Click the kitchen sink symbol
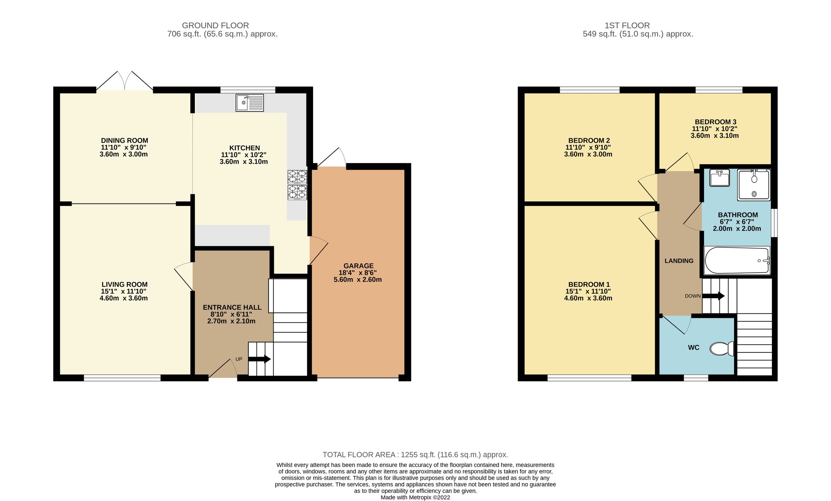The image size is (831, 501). pyautogui.click(x=249, y=102)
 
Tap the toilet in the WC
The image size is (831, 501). pyautogui.click(x=722, y=349)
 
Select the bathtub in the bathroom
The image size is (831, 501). pyautogui.click(x=737, y=260)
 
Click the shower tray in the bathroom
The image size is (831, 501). pyautogui.click(x=754, y=185)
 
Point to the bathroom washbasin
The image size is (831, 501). pyautogui.click(x=720, y=178)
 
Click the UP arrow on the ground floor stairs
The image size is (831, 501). pyautogui.click(x=259, y=359)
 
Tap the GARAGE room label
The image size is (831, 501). pyautogui.click(x=358, y=266)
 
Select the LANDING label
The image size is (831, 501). pyautogui.click(x=679, y=261)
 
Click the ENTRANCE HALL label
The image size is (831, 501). pyautogui.click(x=232, y=307)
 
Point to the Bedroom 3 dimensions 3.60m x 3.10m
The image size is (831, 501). pyautogui.click(x=714, y=136)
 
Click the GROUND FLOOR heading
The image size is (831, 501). pyautogui.click(x=215, y=26)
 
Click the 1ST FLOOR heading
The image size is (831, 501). pyautogui.click(x=627, y=26)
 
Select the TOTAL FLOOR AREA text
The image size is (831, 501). pyautogui.click(x=415, y=455)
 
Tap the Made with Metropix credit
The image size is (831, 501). pyautogui.click(x=415, y=498)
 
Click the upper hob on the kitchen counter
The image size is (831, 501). pyautogui.click(x=297, y=177)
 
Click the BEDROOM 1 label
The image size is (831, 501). pyautogui.click(x=589, y=285)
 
